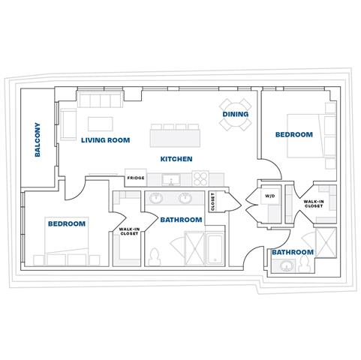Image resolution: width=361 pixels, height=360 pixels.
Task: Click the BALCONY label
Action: tap(38, 139)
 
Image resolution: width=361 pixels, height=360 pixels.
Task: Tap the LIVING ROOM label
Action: tap(106, 140)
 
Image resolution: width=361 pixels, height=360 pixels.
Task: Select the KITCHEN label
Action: tap(176, 159)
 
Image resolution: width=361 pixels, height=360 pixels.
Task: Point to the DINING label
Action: tap(236, 114)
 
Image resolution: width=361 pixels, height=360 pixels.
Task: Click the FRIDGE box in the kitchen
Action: tap(136, 178)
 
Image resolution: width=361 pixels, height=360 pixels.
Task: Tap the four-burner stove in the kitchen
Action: tap(200, 178)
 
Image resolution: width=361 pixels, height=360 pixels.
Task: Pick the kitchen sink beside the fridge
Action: tap(171, 180)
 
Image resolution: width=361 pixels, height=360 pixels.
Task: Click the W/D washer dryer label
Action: tap(269, 196)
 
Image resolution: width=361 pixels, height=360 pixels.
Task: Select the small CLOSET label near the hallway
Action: tap(212, 202)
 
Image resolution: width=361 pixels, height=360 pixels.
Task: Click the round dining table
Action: tap(236, 115)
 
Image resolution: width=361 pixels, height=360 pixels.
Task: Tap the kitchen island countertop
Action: tap(175, 138)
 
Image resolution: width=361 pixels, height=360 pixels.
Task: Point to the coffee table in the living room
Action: tap(101, 124)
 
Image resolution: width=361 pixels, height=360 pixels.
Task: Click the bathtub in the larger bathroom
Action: tap(215, 249)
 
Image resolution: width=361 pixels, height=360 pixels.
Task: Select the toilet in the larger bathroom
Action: tap(155, 256)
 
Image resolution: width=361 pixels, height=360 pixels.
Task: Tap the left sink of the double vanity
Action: tap(156, 199)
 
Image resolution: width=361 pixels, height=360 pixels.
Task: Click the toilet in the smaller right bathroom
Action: tap(304, 265)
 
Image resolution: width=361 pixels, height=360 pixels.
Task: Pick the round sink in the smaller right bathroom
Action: tap(285, 266)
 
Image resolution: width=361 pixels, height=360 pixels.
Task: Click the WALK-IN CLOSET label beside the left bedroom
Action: tap(129, 231)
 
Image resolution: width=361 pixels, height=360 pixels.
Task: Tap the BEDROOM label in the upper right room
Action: tap(294, 134)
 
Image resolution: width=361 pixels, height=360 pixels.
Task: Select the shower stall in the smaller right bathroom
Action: tap(326, 243)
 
